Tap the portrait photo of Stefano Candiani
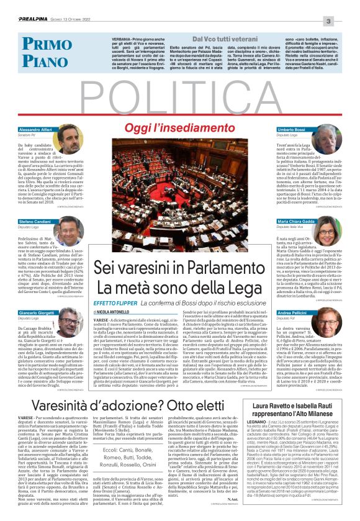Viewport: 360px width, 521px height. (x=68, y=231)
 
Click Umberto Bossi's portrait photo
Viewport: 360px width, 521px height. (x=328, y=142)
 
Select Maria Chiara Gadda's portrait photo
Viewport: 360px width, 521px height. (x=328, y=232)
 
